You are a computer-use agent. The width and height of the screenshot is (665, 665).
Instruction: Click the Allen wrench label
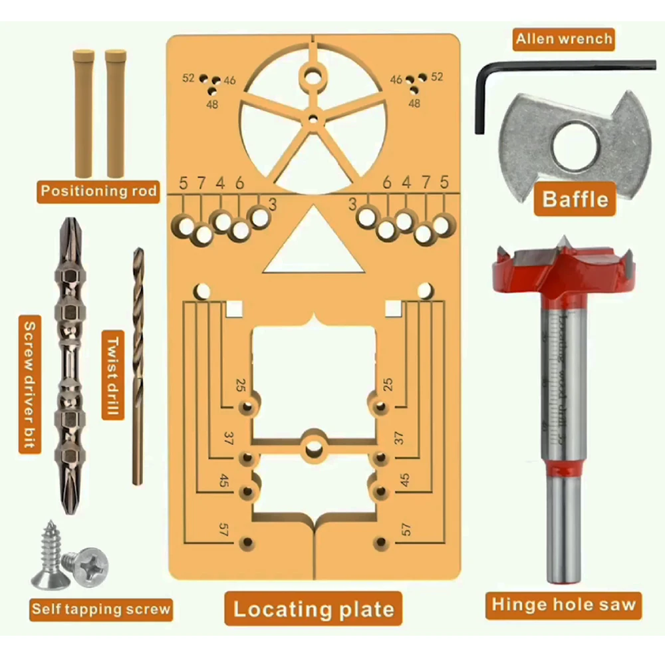click(563, 39)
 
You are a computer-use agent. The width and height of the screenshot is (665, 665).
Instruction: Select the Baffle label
click(575, 198)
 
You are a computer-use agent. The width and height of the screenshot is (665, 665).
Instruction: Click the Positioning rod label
click(98, 192)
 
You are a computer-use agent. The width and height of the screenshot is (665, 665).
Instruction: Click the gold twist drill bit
click(138, 366)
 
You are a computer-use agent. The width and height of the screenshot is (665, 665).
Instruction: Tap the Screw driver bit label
click(29, 386)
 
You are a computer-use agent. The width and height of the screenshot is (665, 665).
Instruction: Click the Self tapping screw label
click(101, 608)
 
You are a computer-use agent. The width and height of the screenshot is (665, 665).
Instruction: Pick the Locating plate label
click(313, 609)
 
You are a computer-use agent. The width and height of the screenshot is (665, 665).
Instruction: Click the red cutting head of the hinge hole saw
click(561, 273)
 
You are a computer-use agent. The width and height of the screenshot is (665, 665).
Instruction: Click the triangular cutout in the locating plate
click(314, 249)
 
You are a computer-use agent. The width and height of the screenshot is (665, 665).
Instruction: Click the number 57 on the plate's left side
click(224, 530)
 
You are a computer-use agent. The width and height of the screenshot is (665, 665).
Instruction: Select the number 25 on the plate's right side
click(389, 384)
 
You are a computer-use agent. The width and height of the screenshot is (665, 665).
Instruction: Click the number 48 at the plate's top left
click(212, 104)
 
